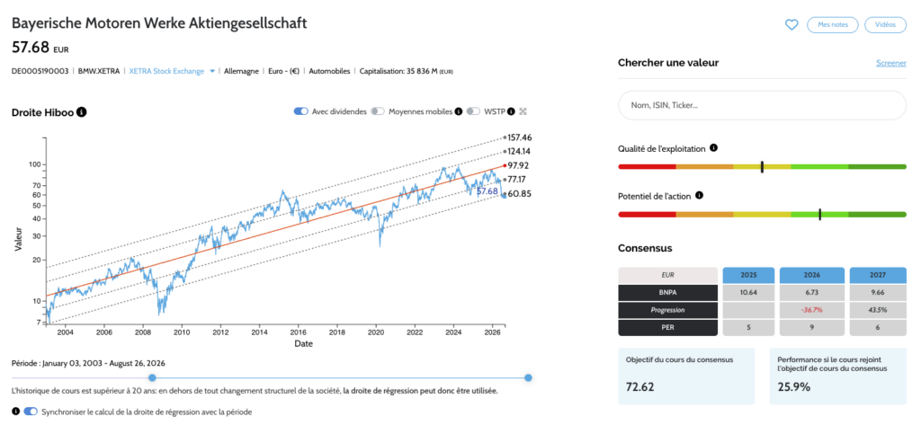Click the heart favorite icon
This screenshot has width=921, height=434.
(x=791, y=24)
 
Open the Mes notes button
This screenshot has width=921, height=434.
(x=832, y=24)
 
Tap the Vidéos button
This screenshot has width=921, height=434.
(x=885, y=24)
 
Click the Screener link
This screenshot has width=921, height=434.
(x=891, y=63)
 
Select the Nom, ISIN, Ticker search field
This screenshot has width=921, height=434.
(x=762, y=105)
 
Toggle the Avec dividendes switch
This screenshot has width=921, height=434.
(x=301, y=111)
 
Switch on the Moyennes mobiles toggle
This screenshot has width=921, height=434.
(x=378, y=111)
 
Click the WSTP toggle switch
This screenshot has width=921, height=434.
(x=473, y=111)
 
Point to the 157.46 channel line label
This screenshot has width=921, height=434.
(x=519, y=137)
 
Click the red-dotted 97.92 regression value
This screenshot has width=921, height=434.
(x=519, y=165)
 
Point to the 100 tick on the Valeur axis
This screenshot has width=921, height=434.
(x=34, y=164)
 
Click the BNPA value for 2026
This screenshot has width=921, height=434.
(x=812, y=292)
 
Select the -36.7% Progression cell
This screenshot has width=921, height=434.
(x=812, y=310)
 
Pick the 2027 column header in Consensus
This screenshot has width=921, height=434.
(x=876, y=274)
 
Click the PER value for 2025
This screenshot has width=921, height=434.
(x=748, y=328)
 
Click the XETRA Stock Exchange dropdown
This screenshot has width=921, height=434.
(x=172, y=71)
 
